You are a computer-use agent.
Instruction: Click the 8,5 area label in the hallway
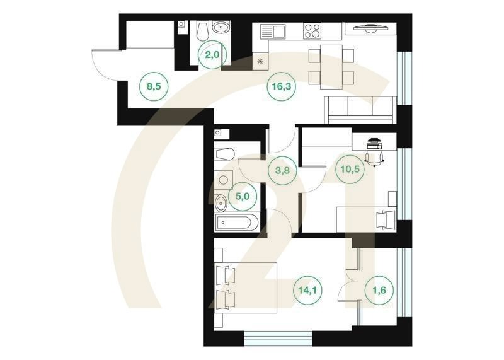click(x=154, y=86)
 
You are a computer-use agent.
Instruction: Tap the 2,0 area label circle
click(x=212, y=54)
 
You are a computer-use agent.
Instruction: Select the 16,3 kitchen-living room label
click(x=282, y=86)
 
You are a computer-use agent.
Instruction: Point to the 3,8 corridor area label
click(x=282, y=170)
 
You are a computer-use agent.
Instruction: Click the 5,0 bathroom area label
click(x=243, y=196)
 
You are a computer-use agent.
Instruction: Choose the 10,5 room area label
click(x=350, y=169)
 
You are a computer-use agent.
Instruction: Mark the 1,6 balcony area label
click(x=380, y=290)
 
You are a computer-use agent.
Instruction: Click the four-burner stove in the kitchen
click(x=312, y=31)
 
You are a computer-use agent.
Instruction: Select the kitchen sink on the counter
click(x=273, y=31)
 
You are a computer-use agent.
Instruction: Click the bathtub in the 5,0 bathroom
click(x=236, y=223)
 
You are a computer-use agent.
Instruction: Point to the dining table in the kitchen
click(x=331, y=67)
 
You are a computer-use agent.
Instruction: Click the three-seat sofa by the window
click(x=360, y=110)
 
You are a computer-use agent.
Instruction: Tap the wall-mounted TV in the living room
click(x=370, y=28)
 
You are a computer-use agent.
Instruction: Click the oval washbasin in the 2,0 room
click(x=220, y=27)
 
